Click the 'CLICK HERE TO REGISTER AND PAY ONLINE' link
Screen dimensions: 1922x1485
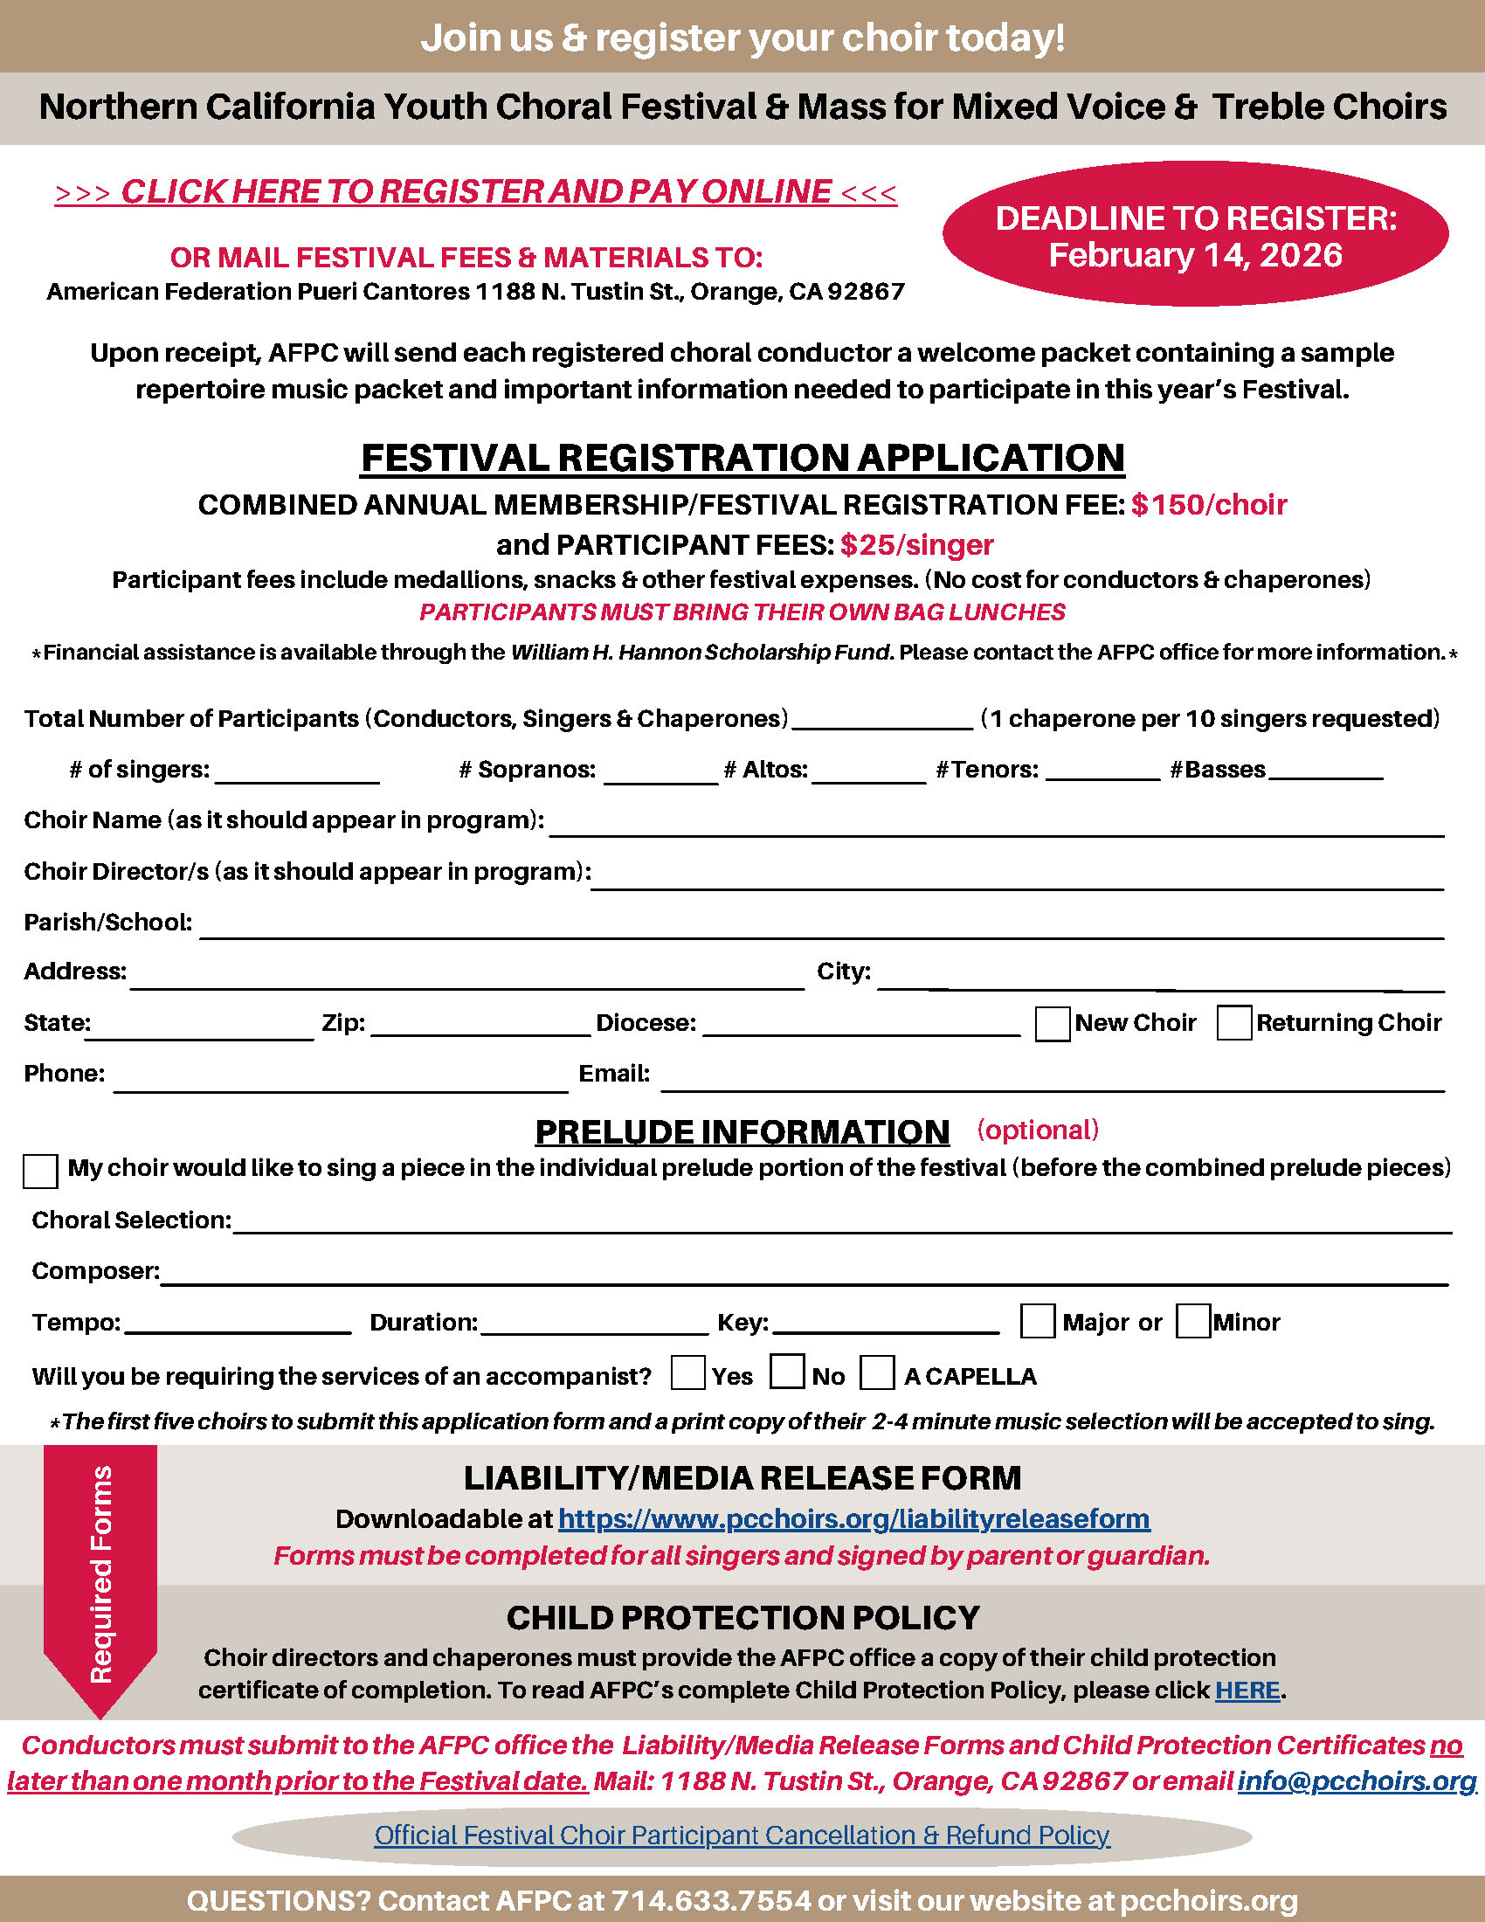click(475, 192)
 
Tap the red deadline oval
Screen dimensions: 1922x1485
click(1195, 235)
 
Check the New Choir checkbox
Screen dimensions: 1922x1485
click(1053, 1024)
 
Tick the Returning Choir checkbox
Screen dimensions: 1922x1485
click(1233, 1024)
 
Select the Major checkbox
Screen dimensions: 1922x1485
click(1037, 1322)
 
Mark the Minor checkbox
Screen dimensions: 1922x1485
click(1193, 1322)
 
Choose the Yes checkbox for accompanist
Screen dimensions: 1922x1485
click(687, 1373)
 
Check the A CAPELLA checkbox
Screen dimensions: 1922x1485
click(877, 1373)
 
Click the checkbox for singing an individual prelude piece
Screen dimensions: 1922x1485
click(40, 1172)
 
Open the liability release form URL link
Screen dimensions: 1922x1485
click(853, 1519)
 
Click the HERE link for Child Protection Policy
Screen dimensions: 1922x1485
click(1247, 1690)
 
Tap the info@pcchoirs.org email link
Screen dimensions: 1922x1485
click(1357, 1781)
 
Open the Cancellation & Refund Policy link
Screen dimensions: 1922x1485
click(742, 1836)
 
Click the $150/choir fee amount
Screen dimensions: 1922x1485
click(1209, 505)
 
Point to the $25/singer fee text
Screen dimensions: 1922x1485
click(916, 546)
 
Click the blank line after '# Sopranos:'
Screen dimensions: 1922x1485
click(660, 774)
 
